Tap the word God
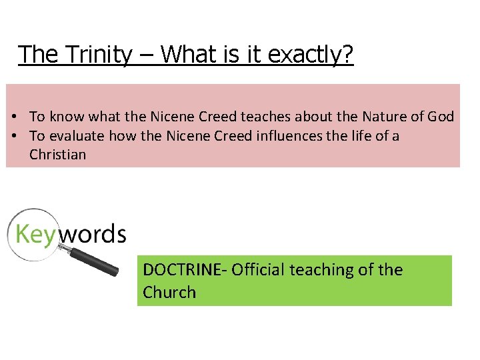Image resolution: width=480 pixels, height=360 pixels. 440,117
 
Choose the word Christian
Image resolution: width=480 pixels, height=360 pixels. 58,155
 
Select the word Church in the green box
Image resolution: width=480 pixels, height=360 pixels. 169,292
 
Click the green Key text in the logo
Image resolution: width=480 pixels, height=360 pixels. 33,235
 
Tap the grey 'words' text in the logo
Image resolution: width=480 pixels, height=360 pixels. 90,233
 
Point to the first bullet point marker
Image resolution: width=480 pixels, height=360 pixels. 14,117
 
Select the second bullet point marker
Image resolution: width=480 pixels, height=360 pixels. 14,136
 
